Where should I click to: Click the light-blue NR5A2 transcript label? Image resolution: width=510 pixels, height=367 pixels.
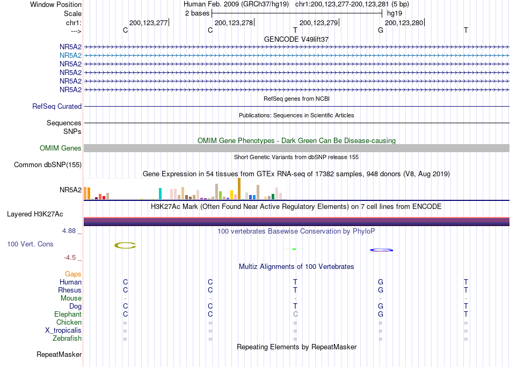click(70, 56)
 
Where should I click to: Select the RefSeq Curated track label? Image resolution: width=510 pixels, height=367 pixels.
click(57, 107)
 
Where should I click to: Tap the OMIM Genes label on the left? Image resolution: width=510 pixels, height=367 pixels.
click(60, 148)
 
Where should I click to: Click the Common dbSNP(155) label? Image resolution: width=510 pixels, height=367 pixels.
click(48, 165)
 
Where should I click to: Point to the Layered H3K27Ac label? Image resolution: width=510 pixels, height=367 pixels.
click(35, 214)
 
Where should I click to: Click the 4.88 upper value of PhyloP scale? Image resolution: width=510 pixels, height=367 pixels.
click(69, 231)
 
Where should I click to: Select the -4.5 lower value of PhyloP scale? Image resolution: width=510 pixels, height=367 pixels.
click(70, 258)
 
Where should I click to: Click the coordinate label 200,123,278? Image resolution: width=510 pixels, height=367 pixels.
click(234, 23)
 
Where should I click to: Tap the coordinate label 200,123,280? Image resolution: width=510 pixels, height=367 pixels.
click(404, 23)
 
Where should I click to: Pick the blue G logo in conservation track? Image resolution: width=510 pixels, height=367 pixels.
click(381, 250)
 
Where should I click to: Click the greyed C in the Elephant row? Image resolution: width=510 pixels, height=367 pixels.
click(295, 314)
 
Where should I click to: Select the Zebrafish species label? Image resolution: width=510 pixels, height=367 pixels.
click(67, 339)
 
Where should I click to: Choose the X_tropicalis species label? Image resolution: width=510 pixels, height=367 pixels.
click(63, 331)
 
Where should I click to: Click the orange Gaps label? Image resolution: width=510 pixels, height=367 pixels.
click(73, 274)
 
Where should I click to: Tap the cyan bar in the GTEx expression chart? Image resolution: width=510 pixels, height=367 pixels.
click(160, 194)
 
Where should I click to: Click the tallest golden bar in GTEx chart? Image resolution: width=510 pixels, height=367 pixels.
click(239, 189)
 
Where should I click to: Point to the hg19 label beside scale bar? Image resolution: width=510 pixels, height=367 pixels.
click(395, 13)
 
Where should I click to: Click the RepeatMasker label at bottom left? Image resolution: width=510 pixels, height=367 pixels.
click(59, 354)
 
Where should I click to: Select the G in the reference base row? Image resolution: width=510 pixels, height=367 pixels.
click(381, 30)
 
